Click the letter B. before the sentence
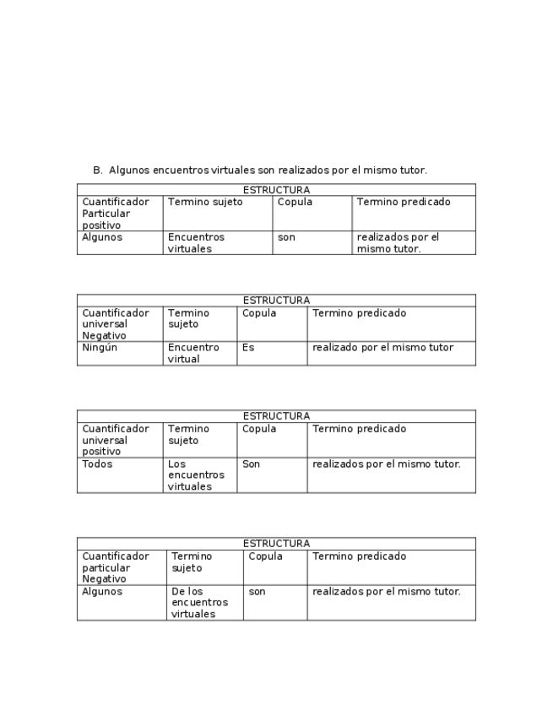pos(97,170)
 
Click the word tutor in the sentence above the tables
pos(412,170)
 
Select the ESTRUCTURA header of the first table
pos(276,190)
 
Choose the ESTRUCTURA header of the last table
pos(276,544)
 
